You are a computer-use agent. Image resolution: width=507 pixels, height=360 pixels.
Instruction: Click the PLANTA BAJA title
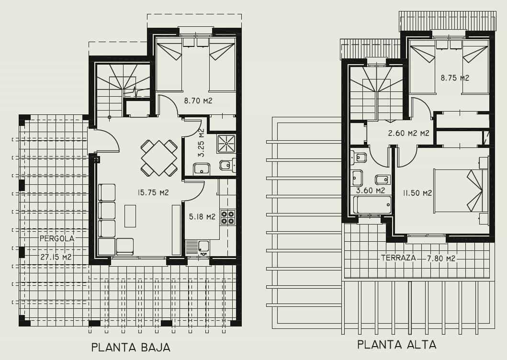pos(131,347)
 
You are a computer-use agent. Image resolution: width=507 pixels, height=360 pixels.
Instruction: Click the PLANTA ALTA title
pos(397,344)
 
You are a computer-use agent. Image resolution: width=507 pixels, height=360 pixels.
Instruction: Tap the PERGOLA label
pos(57,238)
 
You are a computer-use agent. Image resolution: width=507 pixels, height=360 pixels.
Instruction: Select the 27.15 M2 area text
pos(56,257)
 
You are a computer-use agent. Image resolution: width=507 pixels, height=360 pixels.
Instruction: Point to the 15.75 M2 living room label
pos(153,192)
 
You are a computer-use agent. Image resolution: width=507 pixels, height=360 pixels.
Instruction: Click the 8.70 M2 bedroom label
pos(198,101)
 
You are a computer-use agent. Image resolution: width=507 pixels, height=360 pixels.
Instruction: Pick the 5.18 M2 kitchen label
pos(202,217)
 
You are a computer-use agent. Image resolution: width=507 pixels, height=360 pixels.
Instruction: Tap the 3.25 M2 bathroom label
pos(202,143)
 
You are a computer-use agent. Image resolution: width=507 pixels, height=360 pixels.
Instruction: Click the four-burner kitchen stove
pos(227,217)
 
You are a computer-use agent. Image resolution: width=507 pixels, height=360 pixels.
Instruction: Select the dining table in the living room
pos(159,157)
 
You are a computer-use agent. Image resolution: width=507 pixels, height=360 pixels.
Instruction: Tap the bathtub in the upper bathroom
pos(372,205)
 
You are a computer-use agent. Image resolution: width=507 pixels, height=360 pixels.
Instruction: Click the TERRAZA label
pos(398,258)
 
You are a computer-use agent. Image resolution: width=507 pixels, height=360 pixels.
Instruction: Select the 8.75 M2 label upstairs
pos(454,78)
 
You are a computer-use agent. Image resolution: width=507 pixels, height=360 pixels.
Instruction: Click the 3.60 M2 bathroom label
pos(371,190)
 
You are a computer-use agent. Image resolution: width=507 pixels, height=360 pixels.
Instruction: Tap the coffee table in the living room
pos(130,215)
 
